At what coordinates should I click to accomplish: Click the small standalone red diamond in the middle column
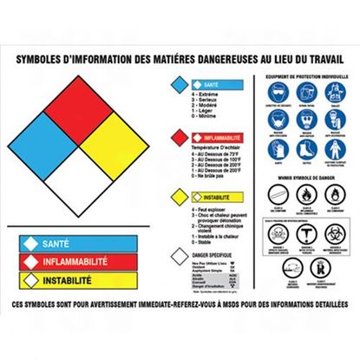177,136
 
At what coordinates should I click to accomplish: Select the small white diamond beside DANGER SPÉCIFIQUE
177,254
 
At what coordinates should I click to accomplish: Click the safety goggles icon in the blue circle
272,93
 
